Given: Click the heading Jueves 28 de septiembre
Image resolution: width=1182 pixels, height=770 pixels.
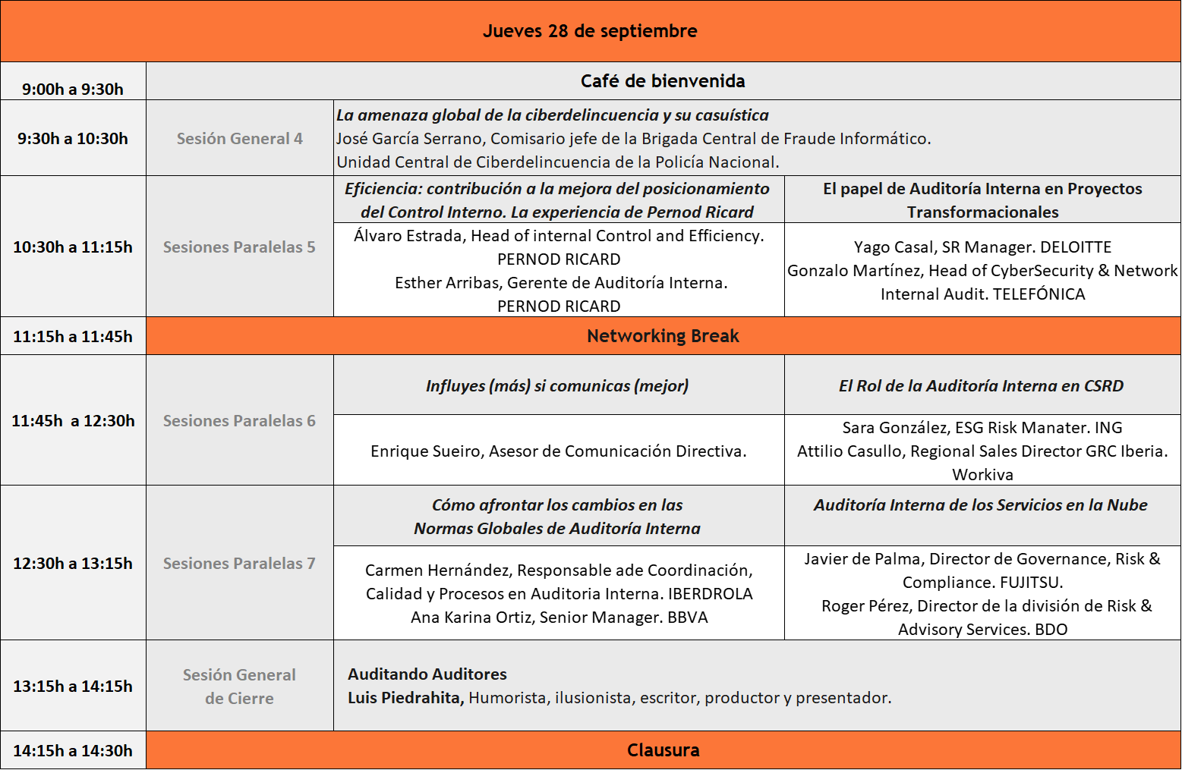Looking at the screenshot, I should pos(590,31).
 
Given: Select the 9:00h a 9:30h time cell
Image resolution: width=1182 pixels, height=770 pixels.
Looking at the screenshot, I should pos(73,89).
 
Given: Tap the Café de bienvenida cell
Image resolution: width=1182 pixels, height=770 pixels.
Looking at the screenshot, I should pos(663,81).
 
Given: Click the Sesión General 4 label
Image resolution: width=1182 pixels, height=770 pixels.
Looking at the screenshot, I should pos(240,139).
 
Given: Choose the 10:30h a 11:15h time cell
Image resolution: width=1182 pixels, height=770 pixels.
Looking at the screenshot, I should pos(73,247).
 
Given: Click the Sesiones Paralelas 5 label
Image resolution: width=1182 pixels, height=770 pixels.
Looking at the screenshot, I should pos(239,247).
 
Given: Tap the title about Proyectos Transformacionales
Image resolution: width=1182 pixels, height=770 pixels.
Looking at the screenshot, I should pos(982,200).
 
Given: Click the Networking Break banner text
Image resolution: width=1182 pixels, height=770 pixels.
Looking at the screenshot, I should pos(663,336).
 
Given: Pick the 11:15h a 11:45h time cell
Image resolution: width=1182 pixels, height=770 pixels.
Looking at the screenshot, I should pos(73,337).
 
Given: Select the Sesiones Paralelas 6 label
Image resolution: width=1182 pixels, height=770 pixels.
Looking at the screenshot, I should pos(239,421).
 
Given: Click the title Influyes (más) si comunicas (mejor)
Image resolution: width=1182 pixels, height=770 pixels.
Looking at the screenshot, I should pos(557,386).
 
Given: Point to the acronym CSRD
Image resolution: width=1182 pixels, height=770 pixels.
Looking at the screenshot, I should pos(1103,386).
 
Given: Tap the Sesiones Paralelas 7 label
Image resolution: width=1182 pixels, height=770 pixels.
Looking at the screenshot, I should pos(239,564).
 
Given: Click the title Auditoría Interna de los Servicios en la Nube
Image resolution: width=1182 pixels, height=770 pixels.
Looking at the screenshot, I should pos(980,505).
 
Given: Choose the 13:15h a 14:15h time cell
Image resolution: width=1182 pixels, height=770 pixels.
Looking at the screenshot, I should pos(73,687).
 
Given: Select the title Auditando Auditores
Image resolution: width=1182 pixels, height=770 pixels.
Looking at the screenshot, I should pos(427,674).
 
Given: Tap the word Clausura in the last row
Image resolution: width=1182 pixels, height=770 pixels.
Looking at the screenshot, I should pos(663,750).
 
